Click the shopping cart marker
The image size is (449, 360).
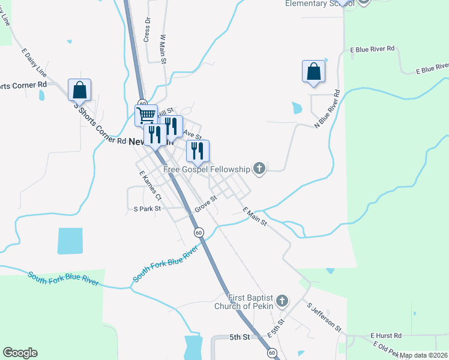[x=146, y=115]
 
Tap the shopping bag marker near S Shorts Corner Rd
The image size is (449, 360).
[x=80, y=90]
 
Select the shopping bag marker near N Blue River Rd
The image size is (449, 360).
[x=313, y=71]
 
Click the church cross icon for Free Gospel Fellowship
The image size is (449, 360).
[x=259, y=169]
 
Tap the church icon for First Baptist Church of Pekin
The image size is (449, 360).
[x=283, y=301]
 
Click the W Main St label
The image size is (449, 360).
[x=163, y=49]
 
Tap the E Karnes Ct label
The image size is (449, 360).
[x=150, y=186]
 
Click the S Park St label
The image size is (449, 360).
[x=148, y=209]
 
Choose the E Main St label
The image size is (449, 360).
[x=255, y=217]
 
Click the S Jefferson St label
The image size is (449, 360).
[x=324, y=317]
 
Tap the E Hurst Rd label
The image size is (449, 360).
[x=385, y=335]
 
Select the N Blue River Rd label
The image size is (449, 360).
[x=327, y=109]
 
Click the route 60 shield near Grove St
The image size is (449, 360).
[x=199, y=232]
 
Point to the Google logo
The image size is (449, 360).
[x=20, y=353]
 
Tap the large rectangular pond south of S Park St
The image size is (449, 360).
[x=70, y=241]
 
